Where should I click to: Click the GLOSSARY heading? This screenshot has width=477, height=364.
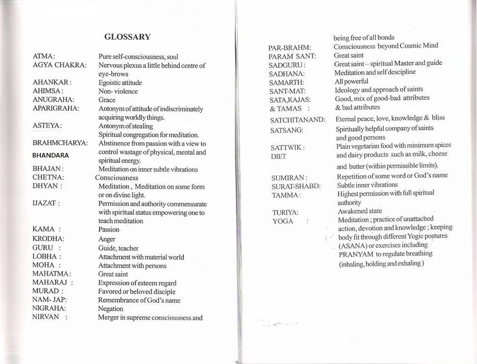pyautogui.click(x=127, y=37)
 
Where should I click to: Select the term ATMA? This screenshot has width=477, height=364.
pyautogui.click(x=43, y=57)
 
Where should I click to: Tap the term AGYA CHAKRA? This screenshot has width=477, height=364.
pyautogui.click(x=59, y=65)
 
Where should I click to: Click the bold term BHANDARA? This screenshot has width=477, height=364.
pyautogui.click(x=50, y=155)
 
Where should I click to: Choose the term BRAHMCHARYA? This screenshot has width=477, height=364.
pyautogui.click(x=60, y=143)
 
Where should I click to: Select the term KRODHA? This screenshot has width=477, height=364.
pyautogui.click(x=48, y=239)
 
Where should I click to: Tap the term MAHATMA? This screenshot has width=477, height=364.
pyautogui.click(x=51, y=274)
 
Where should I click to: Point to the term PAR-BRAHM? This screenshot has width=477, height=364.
pyautogui.click(x=290, y=48)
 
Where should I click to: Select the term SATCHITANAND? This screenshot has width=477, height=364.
pyautogui.click(x=297, y=120)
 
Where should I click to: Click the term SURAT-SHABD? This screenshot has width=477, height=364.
pyautogui.click(x=296, y=186)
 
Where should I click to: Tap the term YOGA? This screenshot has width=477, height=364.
pyautogui.click(x=283, y=221)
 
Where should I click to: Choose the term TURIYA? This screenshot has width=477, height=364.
pyautogui.click(x=285, y=212)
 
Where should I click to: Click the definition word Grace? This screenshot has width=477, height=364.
pyautogui.click(x=107, y=100)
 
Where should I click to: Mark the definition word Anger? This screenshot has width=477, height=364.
pyautogui.click(x=107, y=239)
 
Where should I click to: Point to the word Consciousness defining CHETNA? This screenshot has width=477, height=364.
pyautogui.click(x=116, y=178)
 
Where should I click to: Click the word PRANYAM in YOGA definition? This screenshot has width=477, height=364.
pyautogui.click(x=356, y=254)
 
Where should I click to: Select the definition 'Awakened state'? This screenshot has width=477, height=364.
pyautogui.click(x=360, y=211)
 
